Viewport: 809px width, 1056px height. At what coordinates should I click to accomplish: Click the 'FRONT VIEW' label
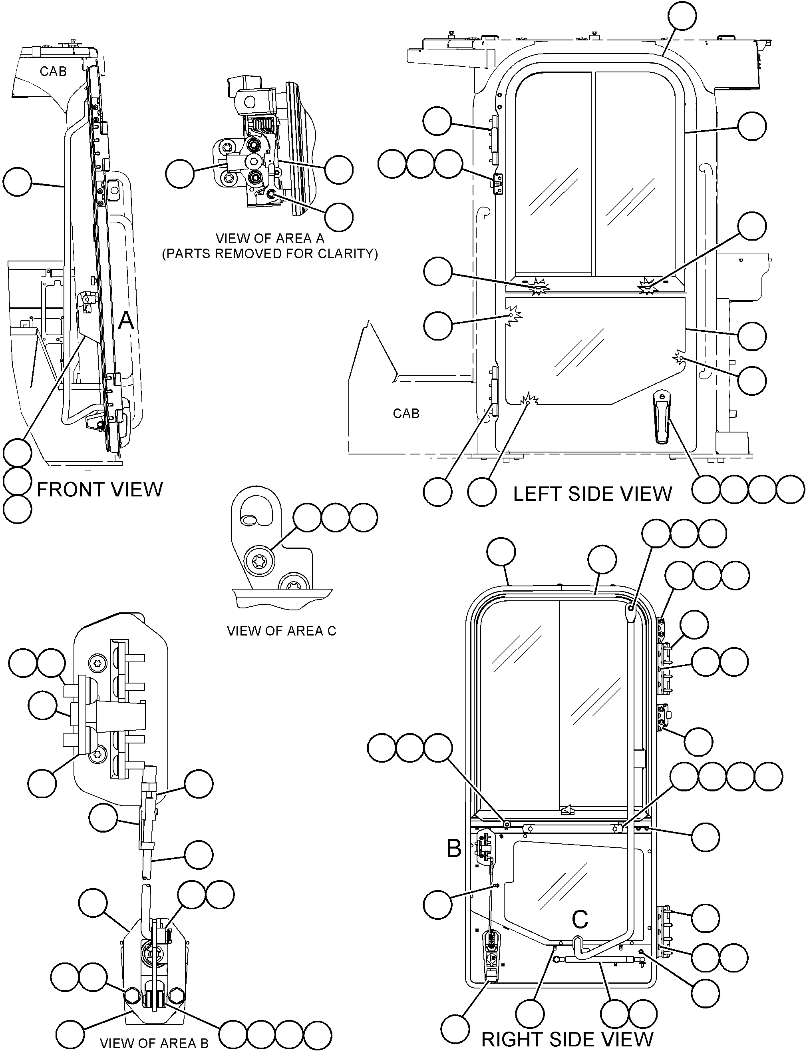pos(100,490)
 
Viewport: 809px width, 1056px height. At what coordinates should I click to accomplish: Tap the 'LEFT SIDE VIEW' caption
pos(592,494)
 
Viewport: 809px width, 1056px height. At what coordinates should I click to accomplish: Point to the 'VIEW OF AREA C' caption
pos(282,631)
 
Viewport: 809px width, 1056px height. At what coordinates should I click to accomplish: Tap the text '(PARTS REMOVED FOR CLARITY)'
pos(270,254)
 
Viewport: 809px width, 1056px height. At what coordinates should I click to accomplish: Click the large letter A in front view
pos(126,320)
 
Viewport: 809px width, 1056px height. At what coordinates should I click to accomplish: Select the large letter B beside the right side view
pos(454,849)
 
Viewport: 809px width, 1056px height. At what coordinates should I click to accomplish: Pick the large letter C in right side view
pos(580,919)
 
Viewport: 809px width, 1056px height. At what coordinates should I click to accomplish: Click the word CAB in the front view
pos(53,71)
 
